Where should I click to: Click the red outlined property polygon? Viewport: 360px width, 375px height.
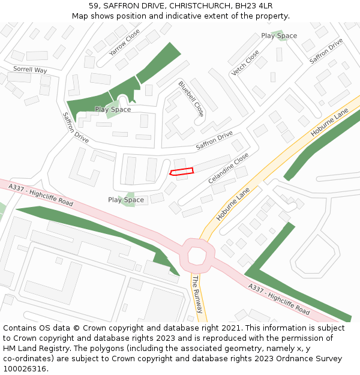click(x=182, y=172)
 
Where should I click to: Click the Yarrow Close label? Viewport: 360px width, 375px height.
click(x=124, y=43)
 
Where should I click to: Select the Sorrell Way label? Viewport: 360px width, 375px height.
click(x=30, y=70)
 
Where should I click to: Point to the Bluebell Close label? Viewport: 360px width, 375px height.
click(x=191, y=99)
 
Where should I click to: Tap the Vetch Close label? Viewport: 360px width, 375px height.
click(x=245, y=63)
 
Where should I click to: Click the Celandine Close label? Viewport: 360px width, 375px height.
click(x=228, y=169)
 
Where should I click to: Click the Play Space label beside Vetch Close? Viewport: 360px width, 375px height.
click(x=279, y=36)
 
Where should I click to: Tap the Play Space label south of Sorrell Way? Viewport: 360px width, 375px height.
click(x=113, y=110)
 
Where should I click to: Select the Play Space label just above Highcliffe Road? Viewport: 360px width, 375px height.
click(x=126, y=200)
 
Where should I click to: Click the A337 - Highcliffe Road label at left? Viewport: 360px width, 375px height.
click(x=41, y=196)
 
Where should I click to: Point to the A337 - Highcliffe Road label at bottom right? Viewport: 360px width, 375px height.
click(x=279, y=299)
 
